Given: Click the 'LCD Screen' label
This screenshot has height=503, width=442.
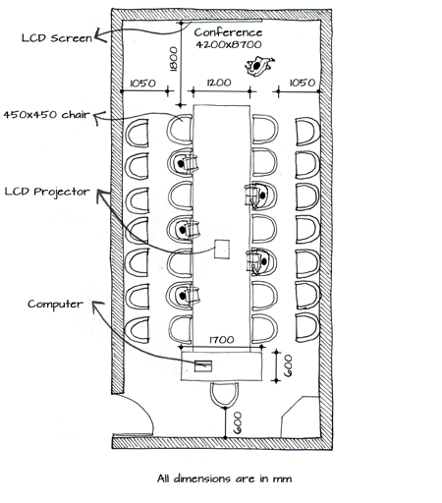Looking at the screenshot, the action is click(57, 38).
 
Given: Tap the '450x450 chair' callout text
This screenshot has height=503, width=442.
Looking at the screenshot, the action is click(46, 115).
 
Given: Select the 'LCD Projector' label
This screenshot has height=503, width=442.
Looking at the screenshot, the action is click(47, 192).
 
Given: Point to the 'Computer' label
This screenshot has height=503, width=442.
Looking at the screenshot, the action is click(55, 305).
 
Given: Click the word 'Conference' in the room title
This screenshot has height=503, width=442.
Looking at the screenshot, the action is click(228, 32).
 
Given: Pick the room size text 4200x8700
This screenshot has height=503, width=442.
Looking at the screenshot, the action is click(229, 44).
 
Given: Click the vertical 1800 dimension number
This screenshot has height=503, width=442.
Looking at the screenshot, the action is click(173, 59).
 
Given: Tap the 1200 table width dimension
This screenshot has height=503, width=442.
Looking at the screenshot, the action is click(219, 83).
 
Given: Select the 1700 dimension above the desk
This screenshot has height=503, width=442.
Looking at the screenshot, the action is click(222, 340).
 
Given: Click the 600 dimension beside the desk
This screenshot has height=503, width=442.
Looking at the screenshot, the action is click(287, 365).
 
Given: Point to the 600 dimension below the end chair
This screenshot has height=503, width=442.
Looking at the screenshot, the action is click(238, 422).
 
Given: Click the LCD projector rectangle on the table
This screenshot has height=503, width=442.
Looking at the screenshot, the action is click(222, 249).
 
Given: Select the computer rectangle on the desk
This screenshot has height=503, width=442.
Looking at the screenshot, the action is click(203, 365).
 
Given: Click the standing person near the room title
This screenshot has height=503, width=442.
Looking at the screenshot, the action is click(259, 66).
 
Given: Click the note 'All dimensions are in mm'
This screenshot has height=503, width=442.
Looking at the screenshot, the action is click(224, 478).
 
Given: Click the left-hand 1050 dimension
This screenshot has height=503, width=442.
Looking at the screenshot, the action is click(143, 84).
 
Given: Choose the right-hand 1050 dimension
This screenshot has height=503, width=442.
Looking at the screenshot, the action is click(303, 83).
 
